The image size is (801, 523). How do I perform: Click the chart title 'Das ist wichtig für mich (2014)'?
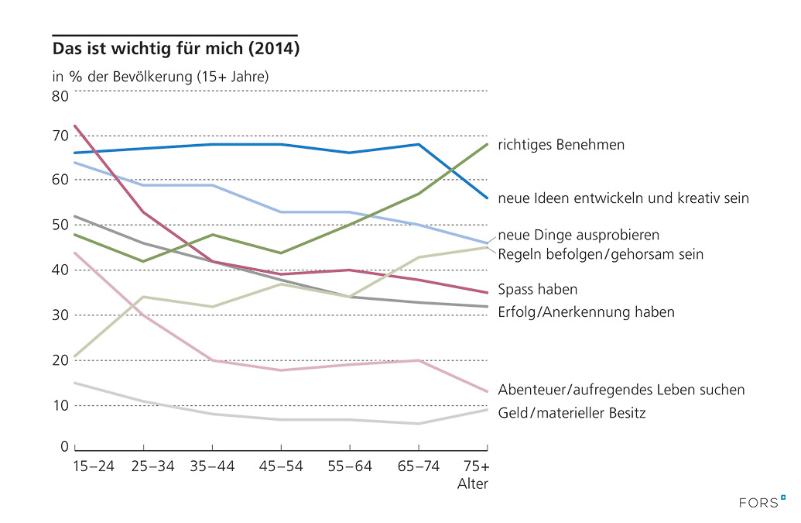click(x=176, y=49)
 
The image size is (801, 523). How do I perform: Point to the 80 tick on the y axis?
click(x=60, y=96)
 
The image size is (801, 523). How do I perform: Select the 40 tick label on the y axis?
click(x=60, y=270)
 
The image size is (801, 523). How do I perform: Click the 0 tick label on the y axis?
click(x=65, y=446)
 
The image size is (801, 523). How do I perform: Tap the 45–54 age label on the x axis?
click(x=281, y=467)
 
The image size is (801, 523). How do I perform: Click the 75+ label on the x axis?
click(x=477, y=467)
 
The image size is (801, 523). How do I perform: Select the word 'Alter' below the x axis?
click(x=474, y=484)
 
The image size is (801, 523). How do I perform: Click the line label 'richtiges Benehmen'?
click(x=561, y=145)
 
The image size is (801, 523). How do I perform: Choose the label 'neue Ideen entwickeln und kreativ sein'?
click(x=623, y=198)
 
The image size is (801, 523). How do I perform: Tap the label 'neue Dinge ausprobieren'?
click(x=579, y=235)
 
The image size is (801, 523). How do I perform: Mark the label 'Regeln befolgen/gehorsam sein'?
click(x=601, y=254)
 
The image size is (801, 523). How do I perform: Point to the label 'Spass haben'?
click(x=538, y=290)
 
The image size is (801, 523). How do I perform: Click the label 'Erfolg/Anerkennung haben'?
click(x=586, y=312)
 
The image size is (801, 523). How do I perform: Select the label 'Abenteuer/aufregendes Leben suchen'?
click(x=621, y=390)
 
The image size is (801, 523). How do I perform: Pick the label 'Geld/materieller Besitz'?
click(x=572, y=413)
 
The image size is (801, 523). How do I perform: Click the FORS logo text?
click(x=758, y=502)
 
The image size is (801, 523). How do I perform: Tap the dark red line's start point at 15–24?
click(x=75, y=126)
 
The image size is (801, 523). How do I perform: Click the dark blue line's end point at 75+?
click(x=487, y=198)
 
